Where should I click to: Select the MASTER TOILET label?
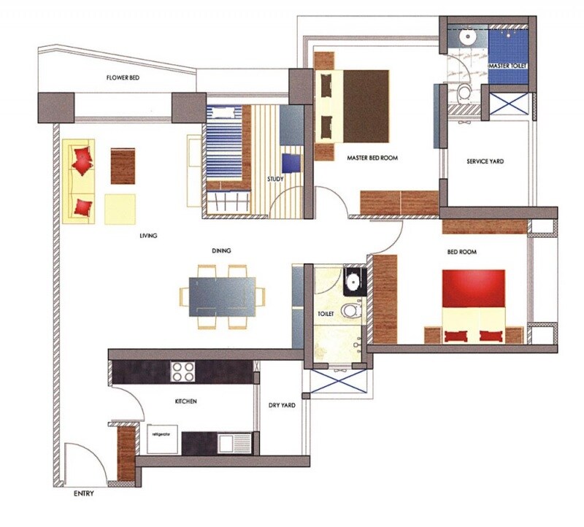[x=507, y=66]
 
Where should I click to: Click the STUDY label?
[x=275, y=177]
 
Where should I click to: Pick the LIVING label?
[x=149, y=236]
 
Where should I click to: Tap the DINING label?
[x=221, y=250]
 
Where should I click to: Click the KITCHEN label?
[x=186, y=401]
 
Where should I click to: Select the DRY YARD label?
[x=282, y=405]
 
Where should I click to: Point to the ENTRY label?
[x=84, y=494]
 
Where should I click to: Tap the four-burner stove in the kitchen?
[x=182, y=372]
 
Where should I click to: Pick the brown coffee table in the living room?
[x=123, y=166]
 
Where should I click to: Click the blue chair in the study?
[x=292, y=162]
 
